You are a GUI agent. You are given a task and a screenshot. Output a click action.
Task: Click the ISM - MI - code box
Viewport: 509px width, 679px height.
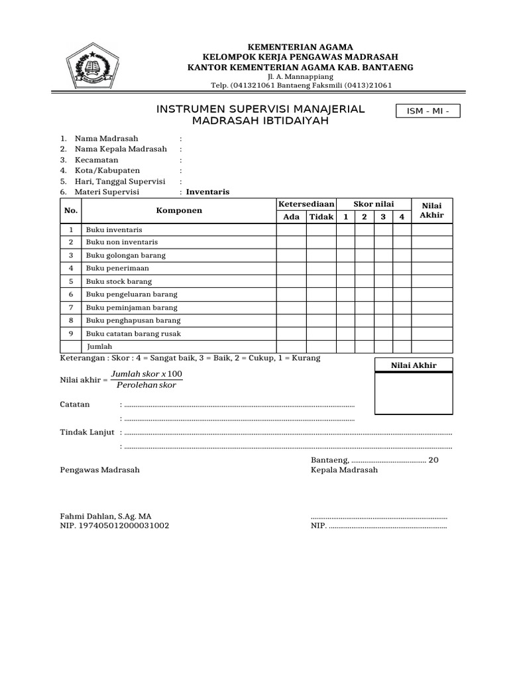[x=427, y=111]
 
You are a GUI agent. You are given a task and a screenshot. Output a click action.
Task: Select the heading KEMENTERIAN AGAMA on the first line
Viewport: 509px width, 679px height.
[x=300, y=46]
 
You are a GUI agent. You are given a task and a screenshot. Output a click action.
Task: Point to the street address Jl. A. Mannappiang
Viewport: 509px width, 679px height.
[x=300, y=76]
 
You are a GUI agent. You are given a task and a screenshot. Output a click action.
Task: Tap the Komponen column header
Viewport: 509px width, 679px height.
[x=179, y=210]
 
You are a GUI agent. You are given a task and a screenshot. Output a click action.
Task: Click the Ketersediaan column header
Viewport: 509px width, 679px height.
[x=306, y=204]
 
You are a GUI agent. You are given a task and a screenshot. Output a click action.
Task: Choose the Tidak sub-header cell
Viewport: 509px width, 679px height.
[x=321, y=217]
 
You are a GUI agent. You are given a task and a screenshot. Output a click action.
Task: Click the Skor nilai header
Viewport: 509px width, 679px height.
[x=374, y=204]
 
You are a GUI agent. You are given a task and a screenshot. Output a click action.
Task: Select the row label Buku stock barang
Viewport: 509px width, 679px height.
[x=119, y=281]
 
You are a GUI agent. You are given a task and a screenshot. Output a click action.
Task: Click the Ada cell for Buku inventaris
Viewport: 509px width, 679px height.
[x=291, y=229]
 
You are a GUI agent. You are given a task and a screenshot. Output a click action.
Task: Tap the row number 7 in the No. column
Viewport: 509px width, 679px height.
[x=70, y=308]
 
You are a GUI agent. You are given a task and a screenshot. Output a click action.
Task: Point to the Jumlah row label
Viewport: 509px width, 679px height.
[x=99, y=346]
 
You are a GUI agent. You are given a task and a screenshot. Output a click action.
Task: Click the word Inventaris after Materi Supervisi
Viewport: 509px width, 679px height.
[x=207, y=192]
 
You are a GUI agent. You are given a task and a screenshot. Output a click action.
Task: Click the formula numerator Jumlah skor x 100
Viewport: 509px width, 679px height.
[x=146, y=374]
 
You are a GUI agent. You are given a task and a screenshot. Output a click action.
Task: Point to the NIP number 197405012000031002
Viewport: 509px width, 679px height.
[x=114, y=526]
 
